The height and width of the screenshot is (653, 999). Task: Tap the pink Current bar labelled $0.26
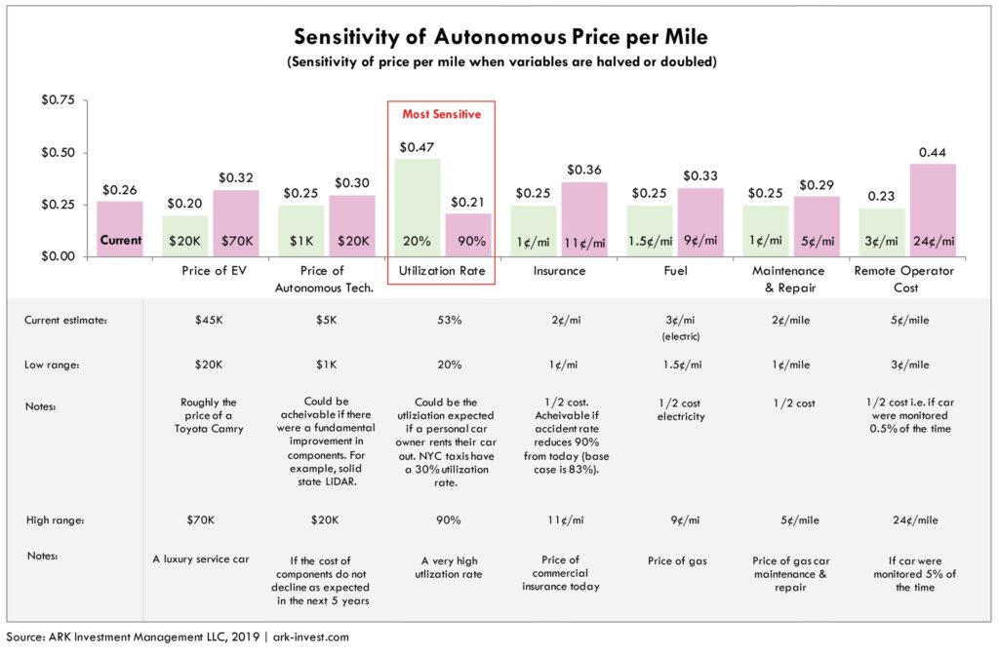click(120, 229)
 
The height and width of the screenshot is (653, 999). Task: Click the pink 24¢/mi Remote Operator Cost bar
click(934, 210)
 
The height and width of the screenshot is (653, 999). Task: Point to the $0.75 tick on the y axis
click(56, 99)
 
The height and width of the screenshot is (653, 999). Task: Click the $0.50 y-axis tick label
click(56, 152)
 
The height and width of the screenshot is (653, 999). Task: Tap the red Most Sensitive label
click(442, 114)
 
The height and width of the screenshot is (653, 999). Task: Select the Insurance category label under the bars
click(558, 270)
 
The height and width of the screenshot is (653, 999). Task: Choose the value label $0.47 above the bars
click(418, 147)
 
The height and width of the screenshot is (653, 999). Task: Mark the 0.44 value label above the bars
click(934, 152)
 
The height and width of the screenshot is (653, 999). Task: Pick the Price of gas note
click(674, 560)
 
